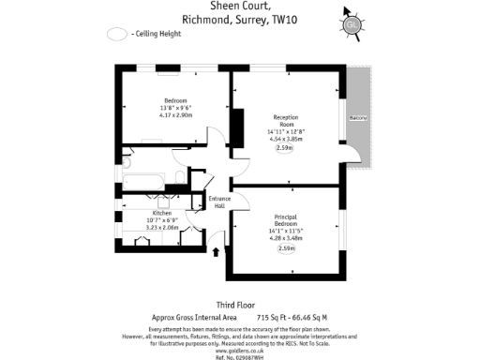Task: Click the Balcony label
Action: tap(358, 119)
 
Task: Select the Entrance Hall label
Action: tap(218, 202)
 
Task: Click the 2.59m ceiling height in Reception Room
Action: tap(285, 148)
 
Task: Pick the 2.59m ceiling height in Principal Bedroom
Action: tap(285, 248)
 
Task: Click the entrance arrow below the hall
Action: tap(217, 251)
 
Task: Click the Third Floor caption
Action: tap(237, 305)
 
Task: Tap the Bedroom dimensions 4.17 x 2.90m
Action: tap(177, 115)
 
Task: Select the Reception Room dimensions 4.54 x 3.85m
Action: tap(285, 138)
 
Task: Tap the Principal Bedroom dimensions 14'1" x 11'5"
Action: tap(285, 231)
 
